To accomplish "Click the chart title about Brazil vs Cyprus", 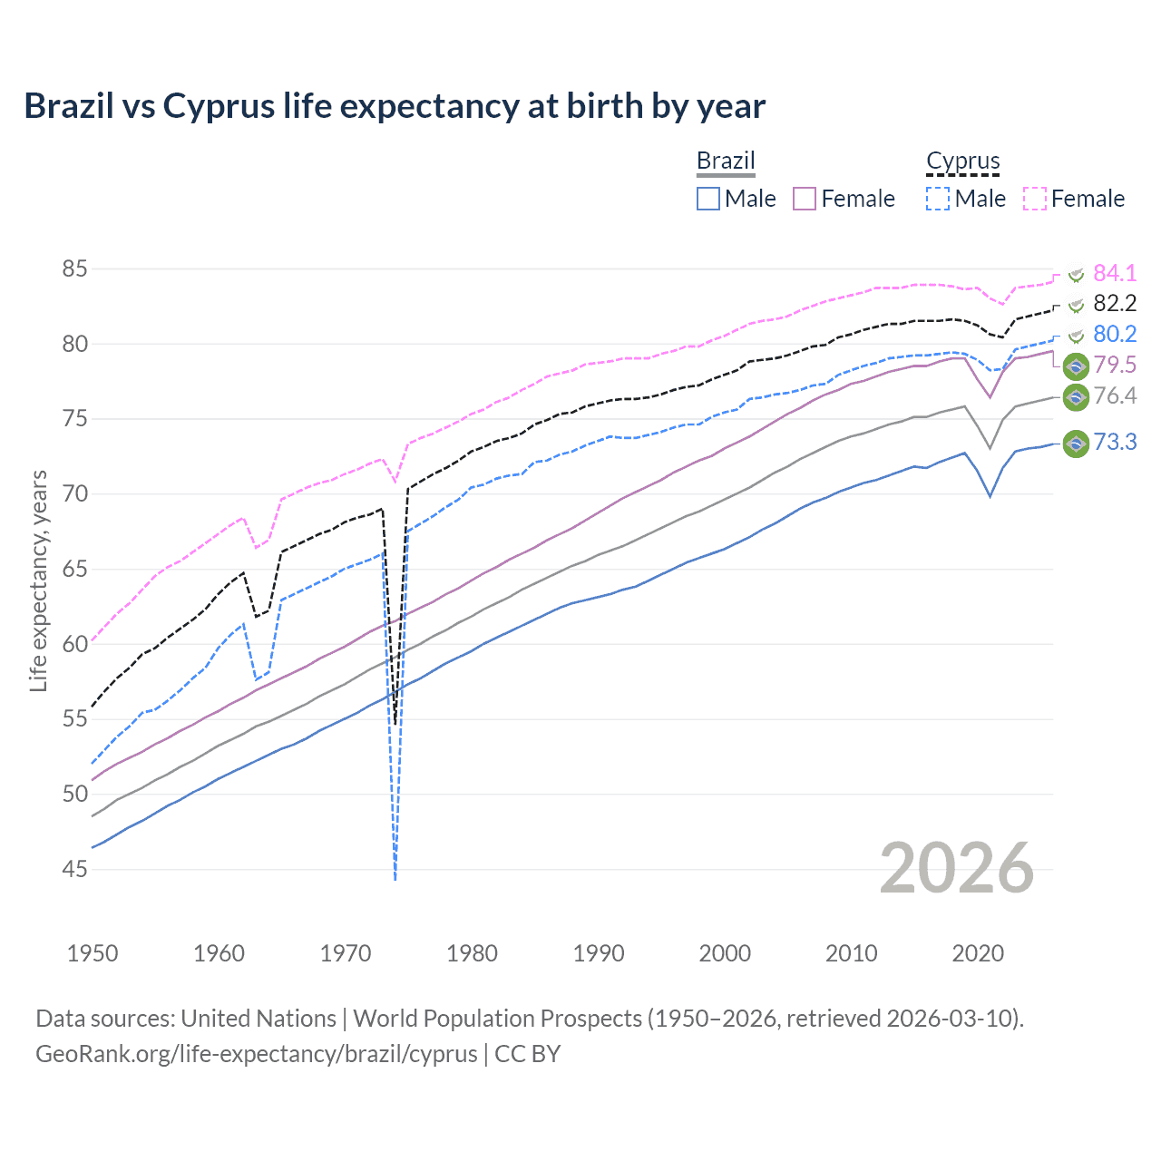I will tap(395, 106).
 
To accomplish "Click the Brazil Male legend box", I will tap(708, 199).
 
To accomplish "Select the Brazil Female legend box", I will tap(805, 199).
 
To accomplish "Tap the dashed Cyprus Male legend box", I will tap(938, 199).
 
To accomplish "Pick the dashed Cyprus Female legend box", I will tap(1035, 199).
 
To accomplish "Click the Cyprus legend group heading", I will tap(962, 161).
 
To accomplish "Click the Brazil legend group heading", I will tap(726, 161).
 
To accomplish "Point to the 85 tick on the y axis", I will tap(75, 269).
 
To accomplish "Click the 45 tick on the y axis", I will tap(75, 869).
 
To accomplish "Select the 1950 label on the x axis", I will tap(93, 953).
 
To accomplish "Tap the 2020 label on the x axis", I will tap(978, 953).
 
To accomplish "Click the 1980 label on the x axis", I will tap(472, 953).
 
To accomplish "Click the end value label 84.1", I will tap(1115, 273).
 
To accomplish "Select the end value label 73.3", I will tap(1115, 443).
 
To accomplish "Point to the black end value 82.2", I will tap(1115, 304).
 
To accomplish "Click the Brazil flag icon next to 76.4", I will tap(1076, 396).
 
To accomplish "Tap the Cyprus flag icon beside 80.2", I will tap(1076, 336).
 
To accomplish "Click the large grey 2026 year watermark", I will tap(957, 868).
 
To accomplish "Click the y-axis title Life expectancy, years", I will tap(39, 580).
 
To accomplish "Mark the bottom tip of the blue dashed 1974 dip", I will tap(395, 878).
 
